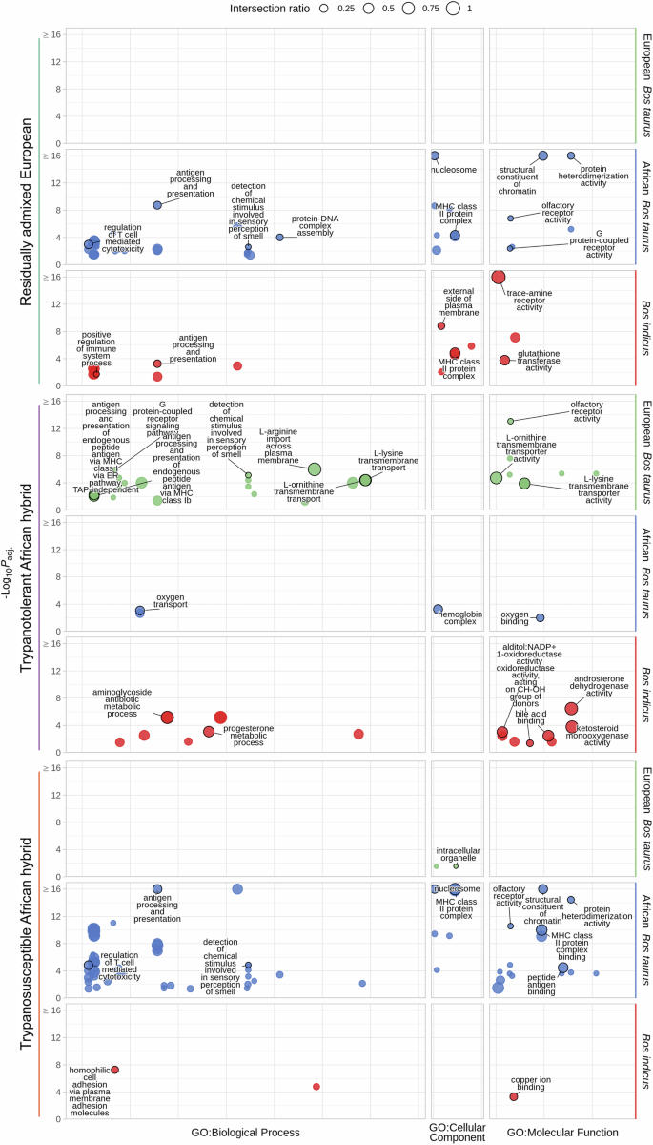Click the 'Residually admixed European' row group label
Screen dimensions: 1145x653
(x=26, y=211)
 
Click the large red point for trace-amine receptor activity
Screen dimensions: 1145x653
(x=498, y=278)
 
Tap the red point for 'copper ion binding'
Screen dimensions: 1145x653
(x=514, y=1096)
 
